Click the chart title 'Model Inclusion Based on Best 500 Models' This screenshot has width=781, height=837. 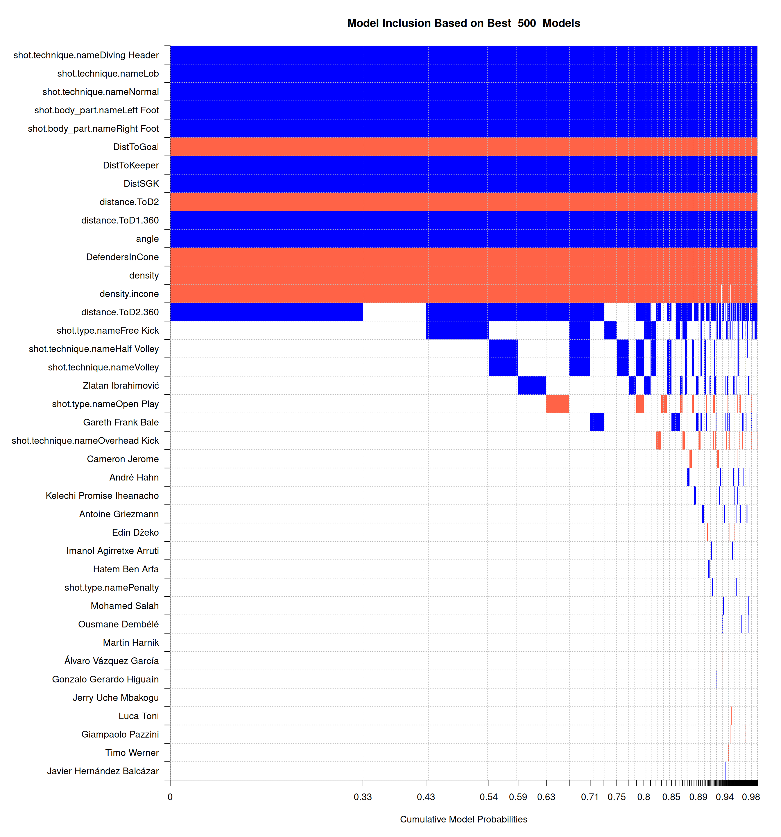click(x=463, y=23)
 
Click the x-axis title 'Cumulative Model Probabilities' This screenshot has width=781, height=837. click(x=463, y=819)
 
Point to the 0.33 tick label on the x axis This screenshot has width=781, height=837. click(x=363, y=797)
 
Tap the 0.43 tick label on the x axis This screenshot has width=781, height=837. click(x=426, y=797)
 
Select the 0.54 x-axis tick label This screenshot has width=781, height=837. click(x=488, y=797)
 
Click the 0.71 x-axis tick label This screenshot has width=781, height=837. click(x=590, y=797)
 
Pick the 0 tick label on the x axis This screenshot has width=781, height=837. click(x=170, y=797)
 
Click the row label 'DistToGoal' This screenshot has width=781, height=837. click(x=136, y=147)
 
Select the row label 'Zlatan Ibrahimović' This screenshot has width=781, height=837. click(x=121, y=386)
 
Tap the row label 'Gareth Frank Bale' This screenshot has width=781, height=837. click(x=121, y=422)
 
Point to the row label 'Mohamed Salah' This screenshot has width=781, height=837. click(x=125, y=606)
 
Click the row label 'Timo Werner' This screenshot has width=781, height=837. click(x=132, y=753)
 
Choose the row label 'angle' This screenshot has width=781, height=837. click(x=147, y=239)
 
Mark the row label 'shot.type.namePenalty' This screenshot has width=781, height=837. click(x=112, y=587)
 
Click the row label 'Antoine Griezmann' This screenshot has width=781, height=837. click(x=119, y=514)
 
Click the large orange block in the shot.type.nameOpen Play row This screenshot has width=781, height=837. click(x=558, y=404)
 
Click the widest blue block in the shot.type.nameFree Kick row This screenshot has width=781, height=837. click(x=457, y=330)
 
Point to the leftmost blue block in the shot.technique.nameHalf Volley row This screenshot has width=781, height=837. click(x=503, y=349)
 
